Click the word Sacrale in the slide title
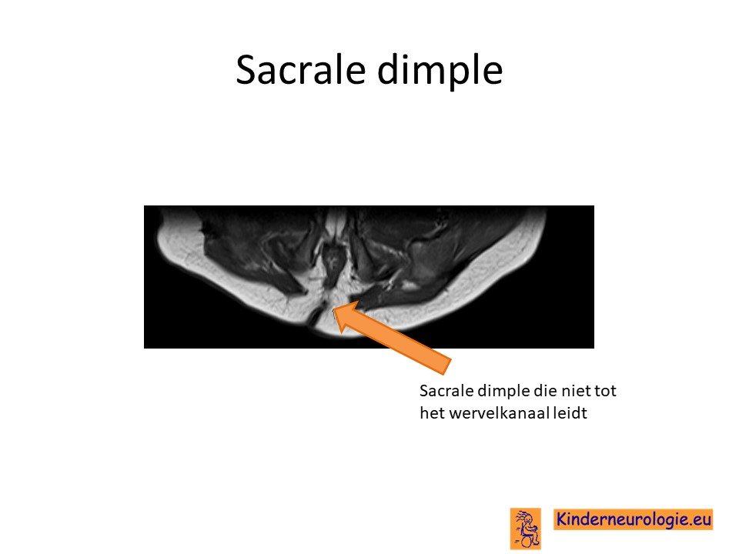(x=301, y=69)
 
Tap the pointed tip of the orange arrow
(x=333, y=309)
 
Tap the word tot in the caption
(x=604, y=391)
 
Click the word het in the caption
(x=432, y=413)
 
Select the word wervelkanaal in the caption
(x=498, y=413)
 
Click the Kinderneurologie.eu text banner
(x=633, y=519)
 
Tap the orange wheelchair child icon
(x=526, y=528)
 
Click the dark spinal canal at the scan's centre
(x=333, y=264)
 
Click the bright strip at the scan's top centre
(x=336, y=222)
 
